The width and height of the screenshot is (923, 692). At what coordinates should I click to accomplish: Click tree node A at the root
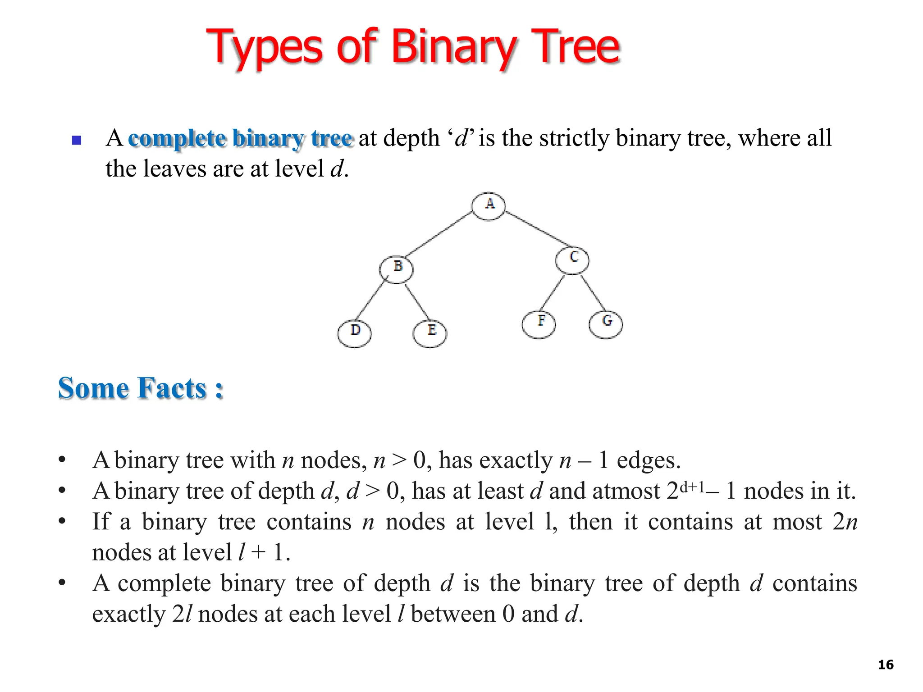point(489,206)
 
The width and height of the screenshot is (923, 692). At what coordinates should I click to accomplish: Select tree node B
point(396,269)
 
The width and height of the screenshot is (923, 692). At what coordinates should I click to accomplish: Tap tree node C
point(572,260)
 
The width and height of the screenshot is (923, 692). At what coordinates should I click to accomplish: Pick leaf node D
point(354,333)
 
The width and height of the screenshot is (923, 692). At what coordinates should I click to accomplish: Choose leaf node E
point(430,333)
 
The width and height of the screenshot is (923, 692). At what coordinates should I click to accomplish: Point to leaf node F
point(539,324)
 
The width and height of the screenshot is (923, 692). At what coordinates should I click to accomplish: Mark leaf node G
point(606,324)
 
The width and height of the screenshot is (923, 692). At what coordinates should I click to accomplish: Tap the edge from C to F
point(553,293)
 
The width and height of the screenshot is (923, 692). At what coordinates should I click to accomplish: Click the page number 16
point(886,665)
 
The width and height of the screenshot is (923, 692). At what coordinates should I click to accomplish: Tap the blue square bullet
point(77,140)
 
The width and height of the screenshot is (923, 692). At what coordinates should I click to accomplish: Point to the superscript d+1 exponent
point(692,487)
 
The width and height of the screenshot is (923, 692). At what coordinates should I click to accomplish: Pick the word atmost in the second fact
point(626,491)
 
